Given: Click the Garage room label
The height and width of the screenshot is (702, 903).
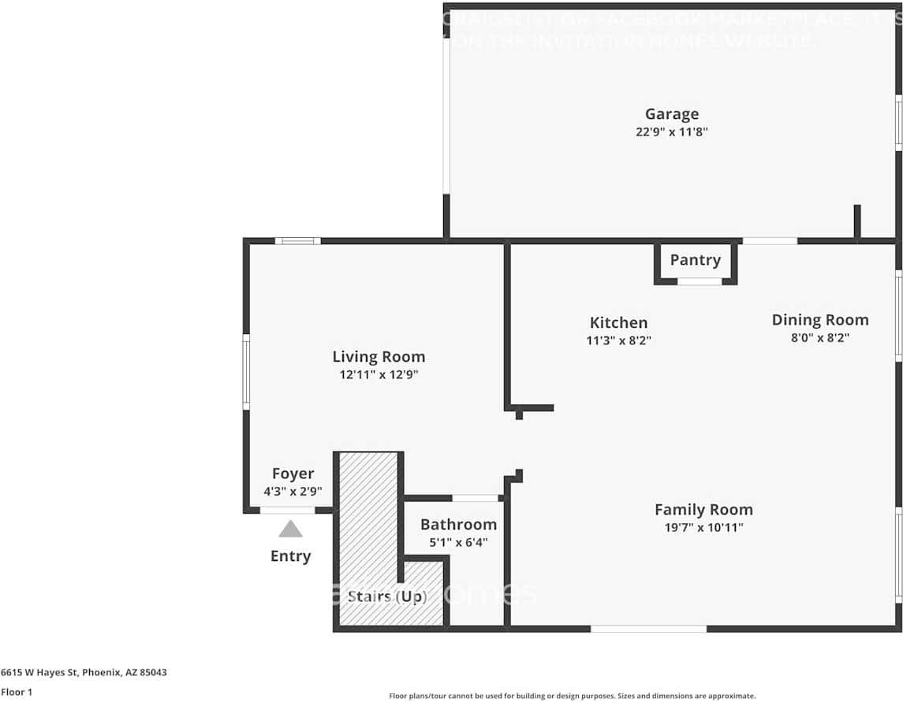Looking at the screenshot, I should coord(672,114).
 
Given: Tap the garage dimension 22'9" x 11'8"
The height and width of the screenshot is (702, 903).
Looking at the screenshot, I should coord(672,132).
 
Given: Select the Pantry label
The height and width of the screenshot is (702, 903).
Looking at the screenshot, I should coord(695,260).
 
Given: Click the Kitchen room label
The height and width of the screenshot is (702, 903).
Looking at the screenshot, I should coord(618,322).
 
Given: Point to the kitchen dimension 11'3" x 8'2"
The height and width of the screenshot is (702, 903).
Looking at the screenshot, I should coord(618,340).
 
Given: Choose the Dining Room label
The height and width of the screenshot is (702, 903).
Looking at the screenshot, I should coord(819,320).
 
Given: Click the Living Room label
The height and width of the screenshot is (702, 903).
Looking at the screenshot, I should coord(379,357).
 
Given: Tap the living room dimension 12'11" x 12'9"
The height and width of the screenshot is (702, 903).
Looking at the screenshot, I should coord(379,375).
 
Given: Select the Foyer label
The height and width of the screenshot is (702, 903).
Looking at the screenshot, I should coord(293,474).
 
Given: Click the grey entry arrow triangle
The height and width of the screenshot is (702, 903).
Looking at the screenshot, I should coord(290,529).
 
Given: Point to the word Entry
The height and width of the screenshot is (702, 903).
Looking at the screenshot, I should coord(290,556).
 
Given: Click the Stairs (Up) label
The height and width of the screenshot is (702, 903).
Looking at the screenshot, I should coord(387,596).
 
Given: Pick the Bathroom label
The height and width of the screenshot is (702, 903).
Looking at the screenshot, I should coord(458,525).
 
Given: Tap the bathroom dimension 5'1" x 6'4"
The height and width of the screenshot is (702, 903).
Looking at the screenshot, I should coord(458,542).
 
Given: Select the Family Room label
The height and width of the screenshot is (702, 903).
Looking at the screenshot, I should coord(703,510).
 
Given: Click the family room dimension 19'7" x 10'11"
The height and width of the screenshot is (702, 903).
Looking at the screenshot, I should coord(703,528).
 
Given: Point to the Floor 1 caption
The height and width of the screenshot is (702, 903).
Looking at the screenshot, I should coord(17,693).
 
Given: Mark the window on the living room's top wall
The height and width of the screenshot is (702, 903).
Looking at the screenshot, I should coord(298,240).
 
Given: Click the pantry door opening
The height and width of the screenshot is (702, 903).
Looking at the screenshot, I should coord(700,281).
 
